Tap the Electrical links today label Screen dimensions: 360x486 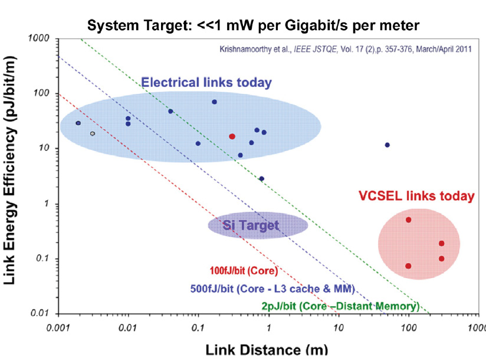coord(206,83)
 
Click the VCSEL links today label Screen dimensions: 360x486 coord(416,196)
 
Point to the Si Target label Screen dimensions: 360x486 coord(251,224)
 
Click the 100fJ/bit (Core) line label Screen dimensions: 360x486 coord(244,272)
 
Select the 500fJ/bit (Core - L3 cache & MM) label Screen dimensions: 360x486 coord(272,289)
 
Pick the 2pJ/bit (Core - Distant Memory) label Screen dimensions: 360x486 coord(340,306)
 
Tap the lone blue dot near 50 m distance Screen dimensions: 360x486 coord(387,145)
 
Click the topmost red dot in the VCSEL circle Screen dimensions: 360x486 coord(408,220)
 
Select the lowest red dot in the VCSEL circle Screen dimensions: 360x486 coord(408,266)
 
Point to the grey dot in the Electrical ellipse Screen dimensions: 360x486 coord(93,133)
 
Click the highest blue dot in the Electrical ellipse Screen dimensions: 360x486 coord(214,102)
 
